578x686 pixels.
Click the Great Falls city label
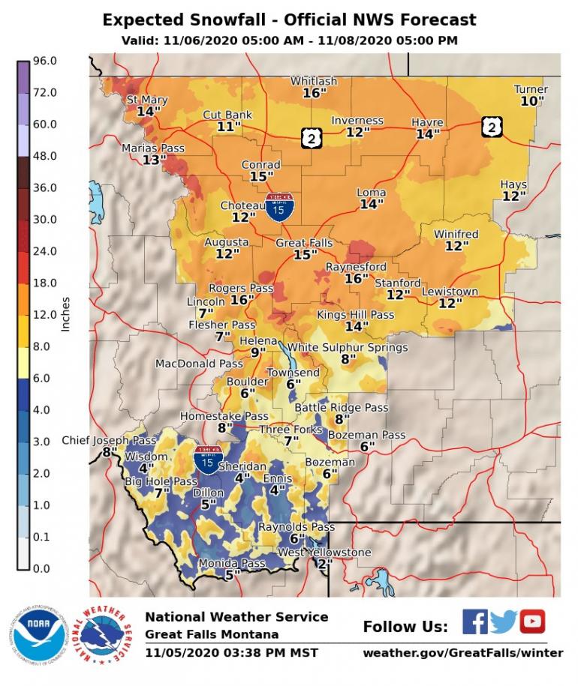point(302,243)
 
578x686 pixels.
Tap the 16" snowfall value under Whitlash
point(314,94)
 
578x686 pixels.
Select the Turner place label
point(531,89)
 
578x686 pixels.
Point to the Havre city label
point(427,122)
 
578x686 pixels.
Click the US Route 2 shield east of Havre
point(491,127)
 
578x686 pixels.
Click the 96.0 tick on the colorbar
point(44,61)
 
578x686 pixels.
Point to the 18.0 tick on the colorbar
point(44,283)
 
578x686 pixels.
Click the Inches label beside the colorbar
point(66,315)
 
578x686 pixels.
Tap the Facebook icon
point(474,622)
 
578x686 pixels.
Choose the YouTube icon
point(532,622)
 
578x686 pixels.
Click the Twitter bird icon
point(504,622)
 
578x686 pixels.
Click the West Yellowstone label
point(324,553)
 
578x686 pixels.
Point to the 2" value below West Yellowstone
point(324,564)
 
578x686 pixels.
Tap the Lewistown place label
point(450,291)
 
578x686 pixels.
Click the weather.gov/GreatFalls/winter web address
point(462,652)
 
